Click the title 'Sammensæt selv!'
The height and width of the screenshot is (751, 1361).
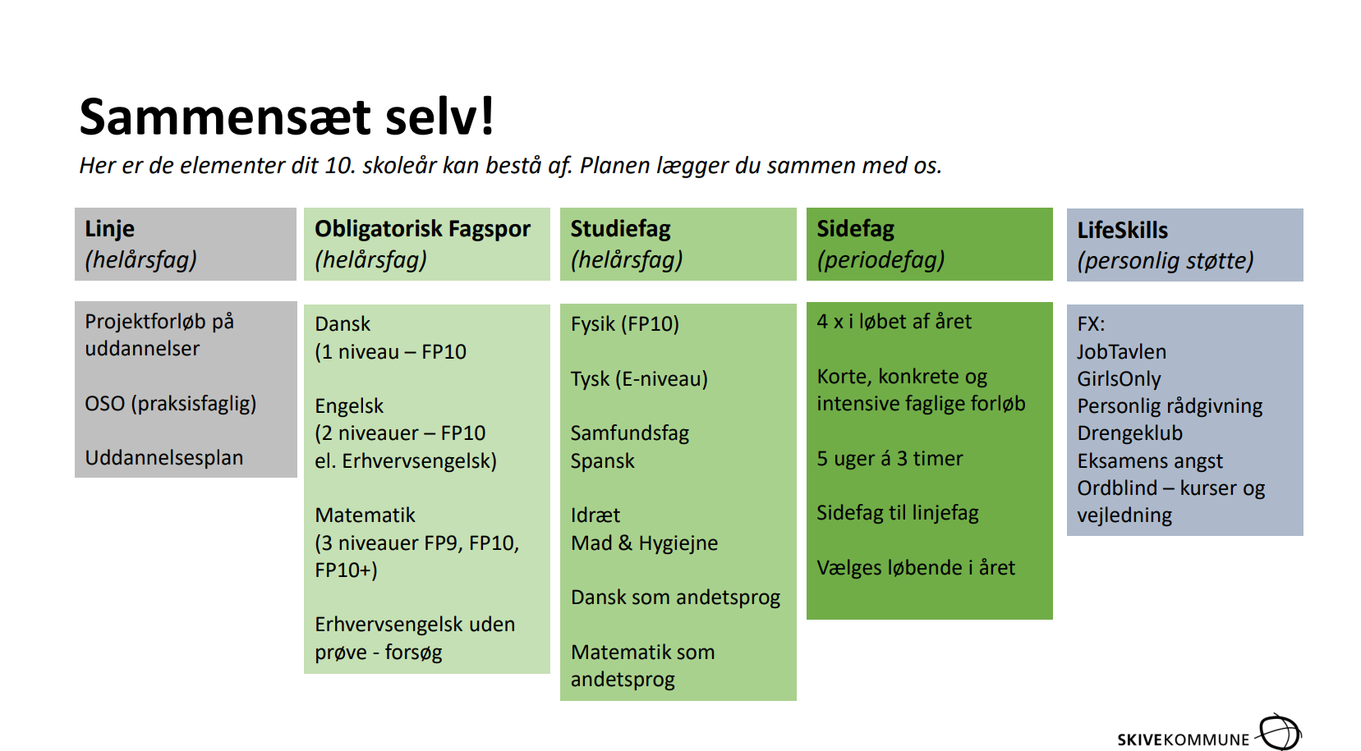pyautogui.click(x=286, y=117)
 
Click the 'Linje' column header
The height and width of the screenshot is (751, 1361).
pyautogui.click(x=109, y=229)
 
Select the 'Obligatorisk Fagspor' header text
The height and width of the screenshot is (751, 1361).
pyautogui.click(x=422, y=229)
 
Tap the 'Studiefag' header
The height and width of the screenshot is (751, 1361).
pyautogui.click(x=620, y=229)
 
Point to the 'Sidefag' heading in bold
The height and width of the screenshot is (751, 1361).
pyautogui.click(x=856, y=229)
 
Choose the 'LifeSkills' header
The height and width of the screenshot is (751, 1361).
pyautogui.click(x=1122, y=230)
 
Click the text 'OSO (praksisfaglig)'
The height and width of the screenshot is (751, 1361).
pyautogui.click(x=170, y=404)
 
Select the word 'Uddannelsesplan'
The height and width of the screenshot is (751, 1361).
pyautogui.click(x=164, y=458)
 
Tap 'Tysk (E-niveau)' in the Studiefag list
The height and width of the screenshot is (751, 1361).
pyautogui.click(x=639, y=379)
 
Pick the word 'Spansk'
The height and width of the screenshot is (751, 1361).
pyautogui.click(x=602, y=461)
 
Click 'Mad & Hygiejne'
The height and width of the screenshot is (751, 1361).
pyautogui.click(x=644, y=543)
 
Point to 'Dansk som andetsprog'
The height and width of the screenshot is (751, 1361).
pyautogui.click(x=675, y=598)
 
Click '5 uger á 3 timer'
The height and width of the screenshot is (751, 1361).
pyautogui.click(x=890, y=458)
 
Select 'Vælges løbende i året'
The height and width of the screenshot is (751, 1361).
pyautogui.click(x=916, y=568)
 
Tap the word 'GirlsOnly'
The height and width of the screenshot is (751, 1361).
pyautogui.click(x=1119, y=379)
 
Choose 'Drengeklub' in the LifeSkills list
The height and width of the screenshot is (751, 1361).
pyautogui.click(x=1129, y=433)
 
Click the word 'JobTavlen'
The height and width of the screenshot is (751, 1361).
pyautogui.click(x=1122, y=352)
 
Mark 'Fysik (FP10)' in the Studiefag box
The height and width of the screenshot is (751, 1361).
pyautogui.click(x=624, y=324)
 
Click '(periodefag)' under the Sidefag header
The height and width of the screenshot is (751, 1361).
pyautogui.click(x=881, y=260)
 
